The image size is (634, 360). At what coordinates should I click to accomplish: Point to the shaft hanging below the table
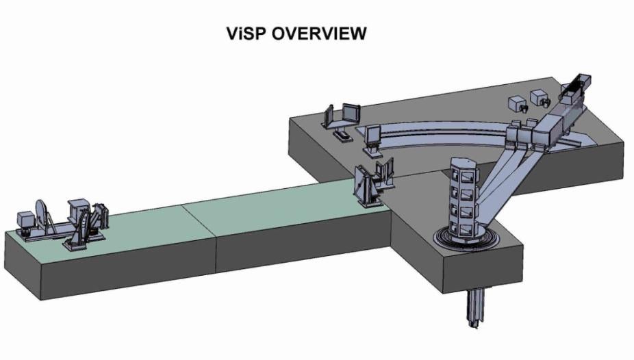(x=474, y=308)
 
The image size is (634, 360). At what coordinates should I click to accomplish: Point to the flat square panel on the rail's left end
(x=373, y=135)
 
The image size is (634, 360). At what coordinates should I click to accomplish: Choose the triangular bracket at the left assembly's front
(x=86, y=226)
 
